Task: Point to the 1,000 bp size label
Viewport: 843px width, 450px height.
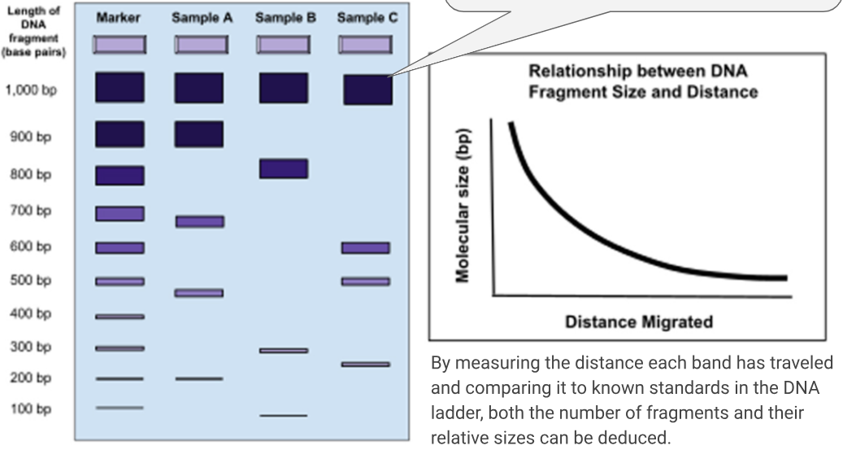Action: tap(31, 90)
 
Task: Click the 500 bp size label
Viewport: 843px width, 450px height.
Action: tap(31, 281)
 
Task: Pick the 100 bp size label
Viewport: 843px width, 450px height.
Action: tap(31, 408)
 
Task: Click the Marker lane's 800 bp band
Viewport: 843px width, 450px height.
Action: tap(119, 175)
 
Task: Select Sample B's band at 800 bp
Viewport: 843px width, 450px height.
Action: tap(283, 168)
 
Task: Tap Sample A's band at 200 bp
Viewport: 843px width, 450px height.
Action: tap(199, 378)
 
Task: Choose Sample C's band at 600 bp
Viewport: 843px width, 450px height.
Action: tap(365, 247)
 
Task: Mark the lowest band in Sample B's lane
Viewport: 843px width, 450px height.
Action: tap(283, 416)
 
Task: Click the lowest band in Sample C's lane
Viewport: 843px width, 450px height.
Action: tap(365, 365)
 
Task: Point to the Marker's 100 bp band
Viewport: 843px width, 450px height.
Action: tap(119, 408)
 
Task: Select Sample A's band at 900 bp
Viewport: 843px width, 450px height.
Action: tap(199, 134)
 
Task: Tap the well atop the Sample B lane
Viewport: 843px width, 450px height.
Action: tap(283, 44)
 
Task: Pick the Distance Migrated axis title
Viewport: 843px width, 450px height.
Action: tap(639, 321)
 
